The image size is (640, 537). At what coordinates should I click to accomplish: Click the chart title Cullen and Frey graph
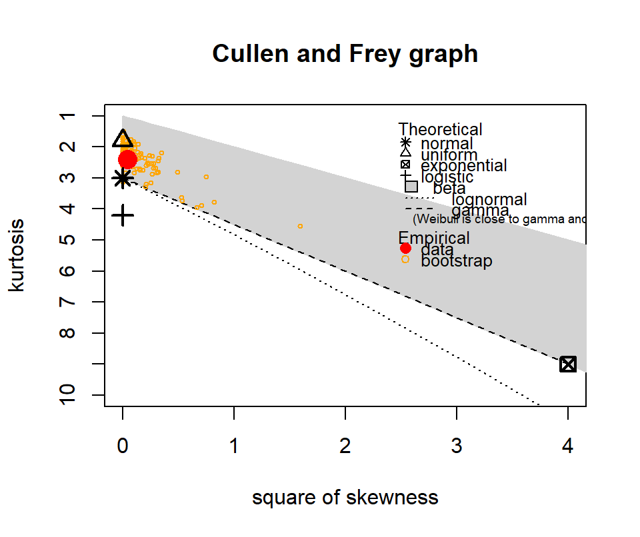345,53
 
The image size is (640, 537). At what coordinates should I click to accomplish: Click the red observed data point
127,159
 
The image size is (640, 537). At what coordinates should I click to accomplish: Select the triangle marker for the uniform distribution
123,139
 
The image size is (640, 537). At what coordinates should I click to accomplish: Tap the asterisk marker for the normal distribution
123,178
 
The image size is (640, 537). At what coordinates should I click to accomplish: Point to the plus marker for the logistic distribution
123,215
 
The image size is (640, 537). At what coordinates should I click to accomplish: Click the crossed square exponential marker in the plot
568,364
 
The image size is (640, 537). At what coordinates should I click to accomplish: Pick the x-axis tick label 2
345,447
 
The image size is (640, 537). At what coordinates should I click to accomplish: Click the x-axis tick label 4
568,447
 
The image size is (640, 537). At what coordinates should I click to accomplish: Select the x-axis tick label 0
123,447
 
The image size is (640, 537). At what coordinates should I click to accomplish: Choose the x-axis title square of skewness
345,498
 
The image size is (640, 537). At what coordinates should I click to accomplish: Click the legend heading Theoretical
440,129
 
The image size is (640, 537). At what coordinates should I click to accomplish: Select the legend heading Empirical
434,238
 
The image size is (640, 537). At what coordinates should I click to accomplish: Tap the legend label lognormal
489,199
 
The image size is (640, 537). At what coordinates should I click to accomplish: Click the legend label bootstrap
457,261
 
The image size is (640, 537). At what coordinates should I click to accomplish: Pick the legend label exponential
464,165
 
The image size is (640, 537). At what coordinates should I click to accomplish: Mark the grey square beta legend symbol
411,187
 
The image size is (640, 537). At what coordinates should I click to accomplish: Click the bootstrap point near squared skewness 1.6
300,227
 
